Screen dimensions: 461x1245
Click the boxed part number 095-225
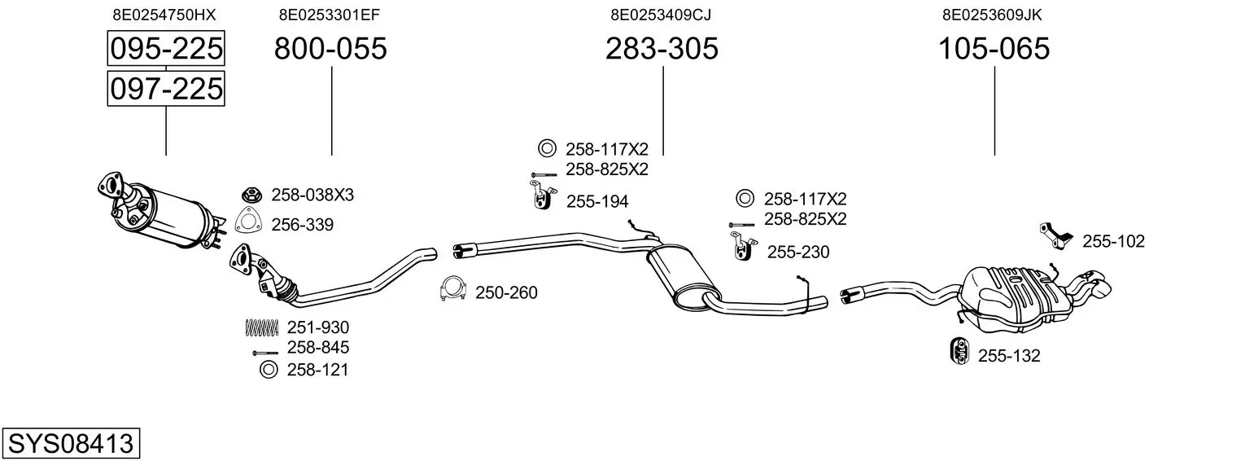tap(166, 50)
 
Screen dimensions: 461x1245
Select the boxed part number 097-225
tap(166, 88)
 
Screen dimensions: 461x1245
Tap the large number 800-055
tap(330, 50)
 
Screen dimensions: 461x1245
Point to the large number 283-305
tap(662, 50)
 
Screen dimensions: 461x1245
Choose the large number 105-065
tap(994, 50)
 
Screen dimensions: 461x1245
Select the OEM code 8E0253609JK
tap(993, 15)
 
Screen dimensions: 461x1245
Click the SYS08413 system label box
tap(70, 444)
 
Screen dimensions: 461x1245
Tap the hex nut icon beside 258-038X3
tap(251, 195)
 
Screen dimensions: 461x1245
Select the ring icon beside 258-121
tap(268, 371)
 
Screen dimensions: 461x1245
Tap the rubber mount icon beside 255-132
tap(959, 350)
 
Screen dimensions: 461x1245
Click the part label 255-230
tap(797, 252)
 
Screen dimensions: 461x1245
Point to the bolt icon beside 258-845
tap(265, 353)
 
